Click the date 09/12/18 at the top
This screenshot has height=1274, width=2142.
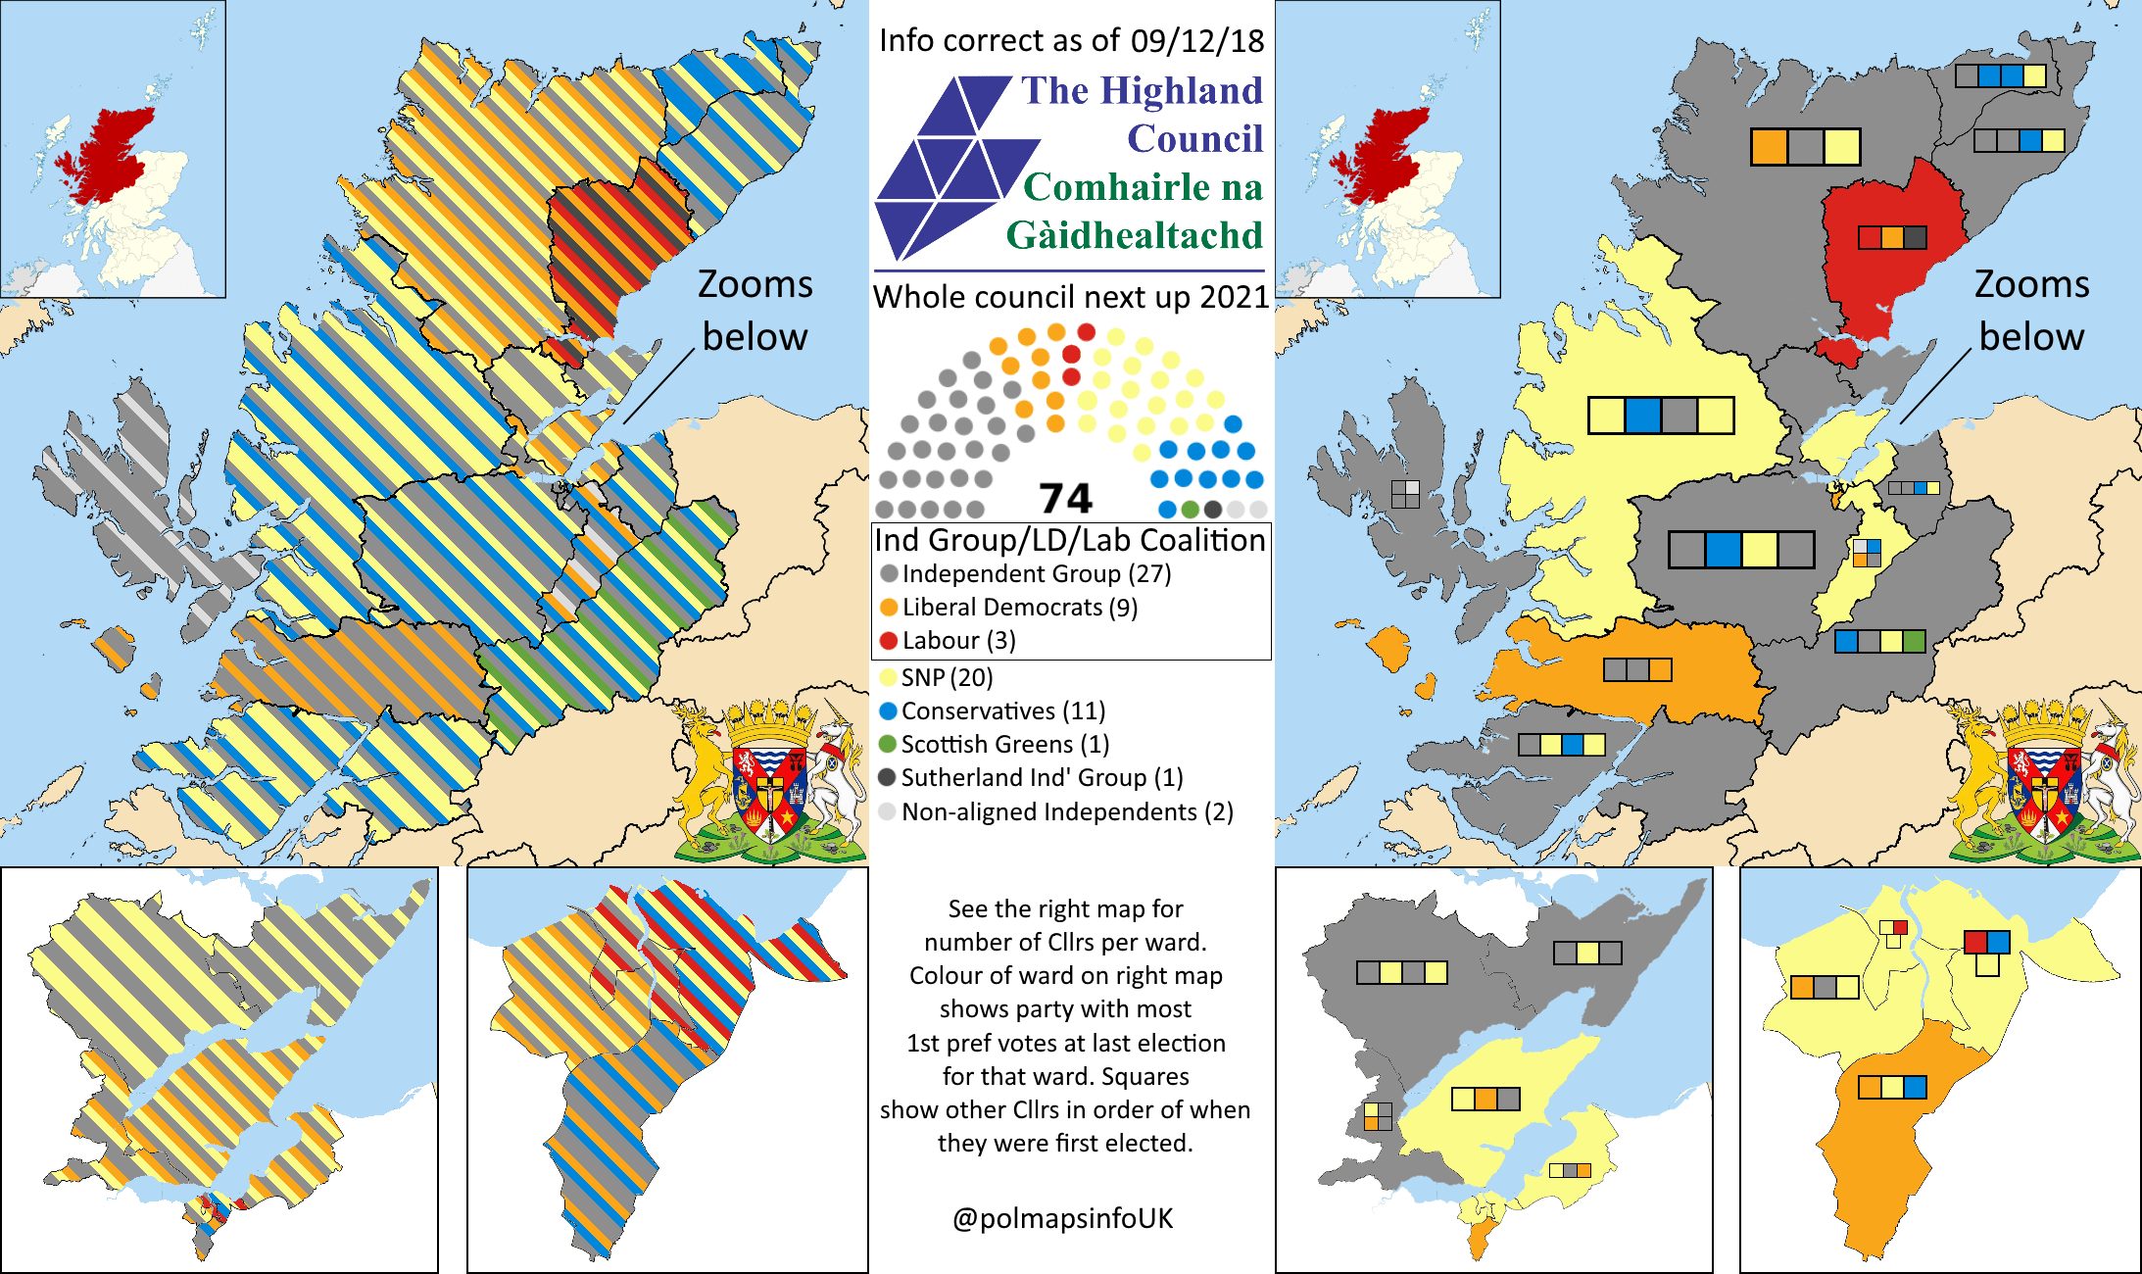1196,41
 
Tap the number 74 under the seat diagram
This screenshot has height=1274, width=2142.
1065,499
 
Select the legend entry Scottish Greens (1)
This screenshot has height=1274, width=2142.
1004,745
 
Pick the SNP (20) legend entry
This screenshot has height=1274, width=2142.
946,678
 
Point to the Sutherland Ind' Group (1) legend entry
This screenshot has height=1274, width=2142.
1041,778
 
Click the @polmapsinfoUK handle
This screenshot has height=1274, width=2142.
1062,1218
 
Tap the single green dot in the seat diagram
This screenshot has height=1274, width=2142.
1190,510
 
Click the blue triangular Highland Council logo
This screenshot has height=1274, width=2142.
946,167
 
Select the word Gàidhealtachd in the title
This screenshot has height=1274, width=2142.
1135,235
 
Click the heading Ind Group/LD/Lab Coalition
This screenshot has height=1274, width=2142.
1070,541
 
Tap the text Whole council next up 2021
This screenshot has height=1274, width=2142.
1071,297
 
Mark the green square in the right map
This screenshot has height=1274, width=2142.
1914,642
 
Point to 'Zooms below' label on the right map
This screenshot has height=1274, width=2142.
2031,310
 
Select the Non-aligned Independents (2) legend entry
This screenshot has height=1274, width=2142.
1066,812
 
